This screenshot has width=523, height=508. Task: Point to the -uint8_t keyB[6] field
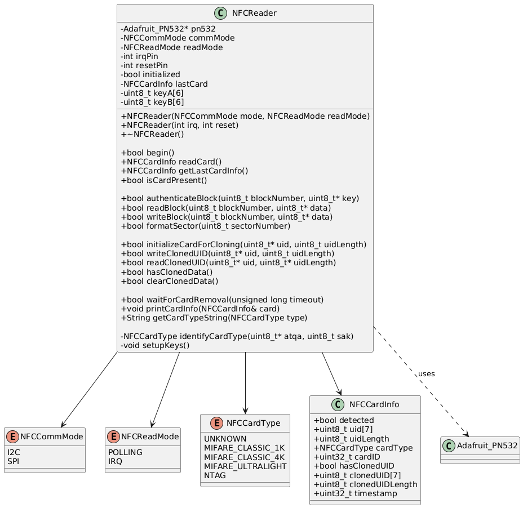152,102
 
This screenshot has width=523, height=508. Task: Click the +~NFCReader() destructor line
152,134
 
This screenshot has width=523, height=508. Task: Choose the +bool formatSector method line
206,226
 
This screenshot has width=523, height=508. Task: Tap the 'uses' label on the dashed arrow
426,374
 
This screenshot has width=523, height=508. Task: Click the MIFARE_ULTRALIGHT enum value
245,466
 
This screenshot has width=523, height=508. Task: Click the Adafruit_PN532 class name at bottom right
486,445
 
